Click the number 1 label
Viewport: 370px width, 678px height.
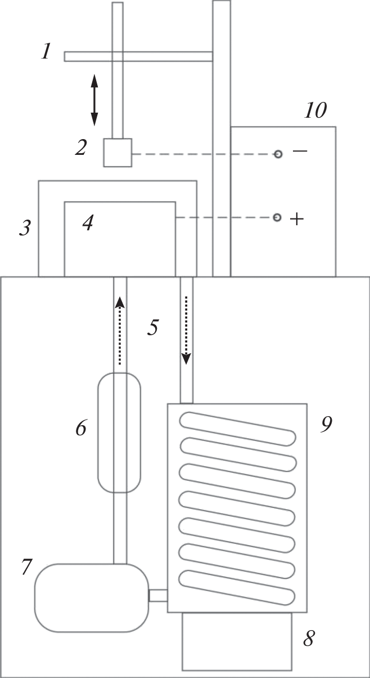(46, 53)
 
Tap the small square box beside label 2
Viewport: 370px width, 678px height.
(118, 153)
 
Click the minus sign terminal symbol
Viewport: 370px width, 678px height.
(300, 151)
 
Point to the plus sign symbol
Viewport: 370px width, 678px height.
(296, 219)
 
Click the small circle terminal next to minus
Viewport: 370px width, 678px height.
(278, 154)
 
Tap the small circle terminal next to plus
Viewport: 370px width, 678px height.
(277, 217)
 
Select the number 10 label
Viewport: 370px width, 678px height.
(315, 110)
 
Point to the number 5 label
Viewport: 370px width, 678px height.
(153, 327)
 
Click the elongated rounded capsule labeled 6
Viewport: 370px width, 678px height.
(119, 432)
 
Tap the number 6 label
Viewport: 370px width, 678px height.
(81, 429)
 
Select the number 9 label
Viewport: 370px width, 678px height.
(326, 424)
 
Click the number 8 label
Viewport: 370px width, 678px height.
(308, 640)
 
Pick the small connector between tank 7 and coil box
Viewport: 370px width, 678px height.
(157, 595)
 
